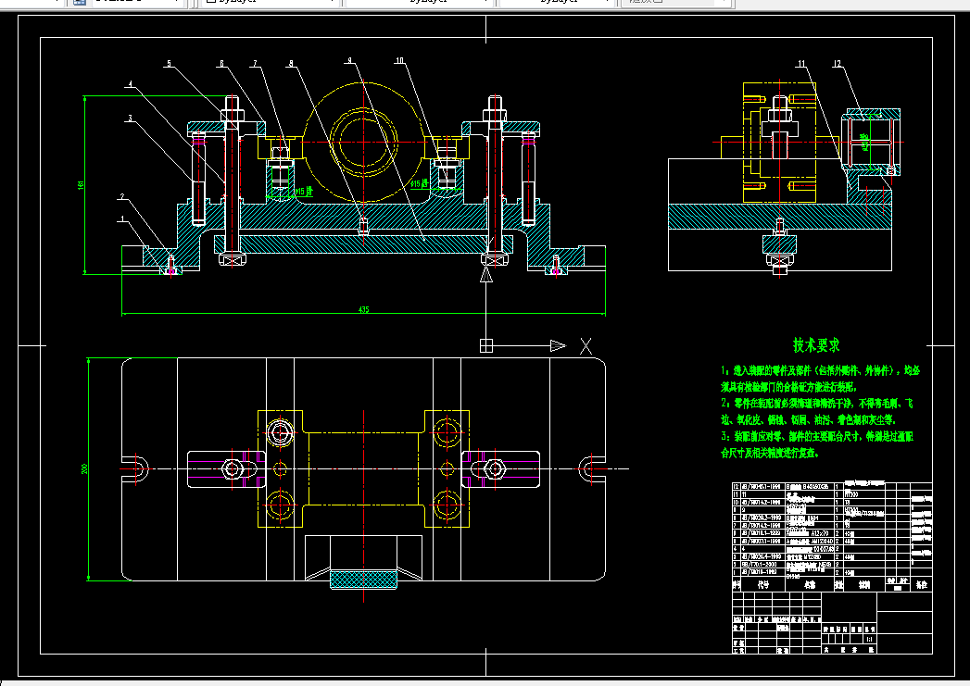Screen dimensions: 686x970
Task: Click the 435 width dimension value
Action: [364, 310]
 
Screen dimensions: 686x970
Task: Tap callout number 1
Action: [121, 219]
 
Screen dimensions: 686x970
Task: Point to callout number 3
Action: [131, 118]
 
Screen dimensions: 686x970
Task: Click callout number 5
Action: [169, 64]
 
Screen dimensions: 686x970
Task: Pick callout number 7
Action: [255, 64]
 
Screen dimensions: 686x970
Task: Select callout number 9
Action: [349, 60]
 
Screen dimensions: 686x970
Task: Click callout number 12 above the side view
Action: [837, 63]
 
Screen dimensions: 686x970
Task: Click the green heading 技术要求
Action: [816, 345]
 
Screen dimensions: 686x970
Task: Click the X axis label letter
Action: [586, 346]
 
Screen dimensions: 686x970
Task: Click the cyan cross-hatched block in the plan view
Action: [365, 580]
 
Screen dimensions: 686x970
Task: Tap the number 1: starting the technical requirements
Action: [725, 369]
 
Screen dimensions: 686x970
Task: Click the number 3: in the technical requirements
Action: [725, 436]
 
